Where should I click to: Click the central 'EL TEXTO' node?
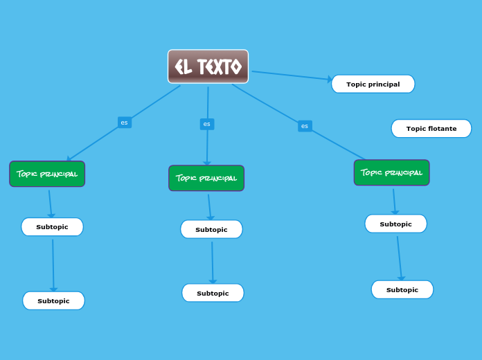pyautogui.click(x=208, y=66)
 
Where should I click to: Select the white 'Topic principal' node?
pyautogui.click(x=373, y=84)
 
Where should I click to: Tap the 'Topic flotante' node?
pyautogui.click(x=431, y=128)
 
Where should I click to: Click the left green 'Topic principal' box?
pyautogui.click(x=47, y=174)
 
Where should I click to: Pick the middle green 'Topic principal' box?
pyautogui.click(x=206, y=178)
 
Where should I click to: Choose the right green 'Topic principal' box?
pyautogui.click(x=391, y=172)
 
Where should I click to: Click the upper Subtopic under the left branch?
pyautogui.click(x=52, y=226)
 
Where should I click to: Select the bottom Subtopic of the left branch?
pyautogui.click(x=53, y=300)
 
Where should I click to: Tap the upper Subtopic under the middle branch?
pyautogui.click(x=211, y=229)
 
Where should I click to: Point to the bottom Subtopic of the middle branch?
pyautogui.click(x=213, y=293)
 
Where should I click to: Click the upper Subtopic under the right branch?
pyautogui.click(x=395, y=224)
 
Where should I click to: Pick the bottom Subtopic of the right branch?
pyautogui.click(x=402, y=289)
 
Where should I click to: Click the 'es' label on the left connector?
pyautogui.click(x=125, y=123)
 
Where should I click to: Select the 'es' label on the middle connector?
pyautogui.click(x=207, y=124)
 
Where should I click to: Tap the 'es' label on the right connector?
pyautogui.click(x=305, y=126)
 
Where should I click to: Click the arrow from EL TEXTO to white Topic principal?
pyautogui.click(x=291, y=75)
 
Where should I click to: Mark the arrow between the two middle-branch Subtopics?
pyautogui.click(x=212, y=262)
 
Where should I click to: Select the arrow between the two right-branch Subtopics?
pyautogui.click(x=399, y=257)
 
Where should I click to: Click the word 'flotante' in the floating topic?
pyautogui.click(x=442, y=128)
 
